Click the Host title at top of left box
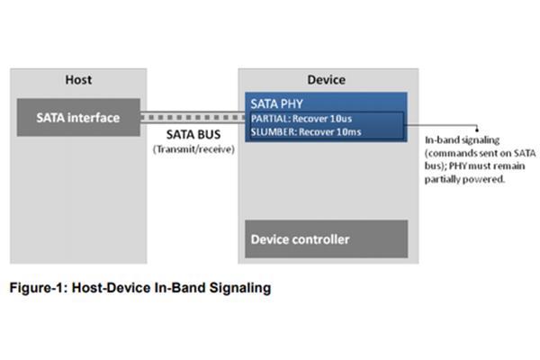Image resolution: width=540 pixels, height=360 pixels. tap(78, 80)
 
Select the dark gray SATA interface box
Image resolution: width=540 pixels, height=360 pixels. tap(78, 118)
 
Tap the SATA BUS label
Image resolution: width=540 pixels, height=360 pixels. tap(193, 134)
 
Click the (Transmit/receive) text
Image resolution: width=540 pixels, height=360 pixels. tap(193, 149)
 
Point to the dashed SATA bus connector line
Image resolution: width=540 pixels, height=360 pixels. tap(193, 118)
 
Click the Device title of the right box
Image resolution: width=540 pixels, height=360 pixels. tap(327, 80)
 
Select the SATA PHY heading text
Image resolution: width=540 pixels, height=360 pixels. tap(276, 103)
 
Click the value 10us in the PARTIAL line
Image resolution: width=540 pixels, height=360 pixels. tap(340, 119)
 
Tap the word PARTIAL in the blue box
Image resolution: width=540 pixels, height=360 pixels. tap(271, 119)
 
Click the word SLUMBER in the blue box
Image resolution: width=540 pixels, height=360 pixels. tap(274, 132)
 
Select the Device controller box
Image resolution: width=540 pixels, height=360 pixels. tap(327, 239)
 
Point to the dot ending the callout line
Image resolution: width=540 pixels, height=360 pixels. tap(477, 130)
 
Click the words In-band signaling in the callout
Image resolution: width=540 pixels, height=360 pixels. tap(463, 140)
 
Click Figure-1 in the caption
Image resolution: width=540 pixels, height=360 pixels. tap(38, 288)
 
